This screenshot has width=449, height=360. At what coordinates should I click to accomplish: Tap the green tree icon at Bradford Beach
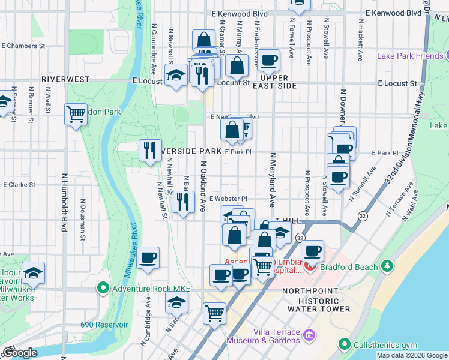tap(388, 266)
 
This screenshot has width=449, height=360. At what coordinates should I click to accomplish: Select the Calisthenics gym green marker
tap(344, 344)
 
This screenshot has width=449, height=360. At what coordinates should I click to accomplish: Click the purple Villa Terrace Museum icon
tap(310, 334)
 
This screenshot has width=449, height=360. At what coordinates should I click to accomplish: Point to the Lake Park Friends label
tap(410, 56)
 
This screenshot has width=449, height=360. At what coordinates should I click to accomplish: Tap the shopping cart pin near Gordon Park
tap(76, 114)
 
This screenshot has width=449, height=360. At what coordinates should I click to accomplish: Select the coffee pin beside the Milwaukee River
tap(148, 259)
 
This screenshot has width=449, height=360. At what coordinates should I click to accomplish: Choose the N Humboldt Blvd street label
tap(64, 203)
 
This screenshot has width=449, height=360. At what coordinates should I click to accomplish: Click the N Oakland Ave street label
tap(203, 186)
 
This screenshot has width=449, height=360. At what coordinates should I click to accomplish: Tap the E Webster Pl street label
tap(228, 199)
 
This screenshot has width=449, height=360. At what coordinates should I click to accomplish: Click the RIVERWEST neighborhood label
tap(65, 79)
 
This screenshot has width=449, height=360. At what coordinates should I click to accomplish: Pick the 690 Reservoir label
tap(104, 325)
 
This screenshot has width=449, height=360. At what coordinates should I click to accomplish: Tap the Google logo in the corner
tap(19, 353)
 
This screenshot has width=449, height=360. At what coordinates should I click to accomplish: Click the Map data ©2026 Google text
tap(412, 355)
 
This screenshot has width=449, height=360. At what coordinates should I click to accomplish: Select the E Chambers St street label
tap(23, 46)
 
